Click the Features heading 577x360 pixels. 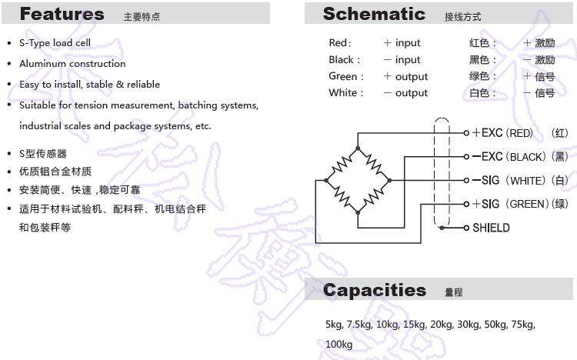tap(62, 14)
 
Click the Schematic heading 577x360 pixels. tap(374, 14)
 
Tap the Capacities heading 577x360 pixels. tap(375, 290)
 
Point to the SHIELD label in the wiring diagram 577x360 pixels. tap(491, 228)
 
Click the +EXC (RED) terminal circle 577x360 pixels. tap(466, 133)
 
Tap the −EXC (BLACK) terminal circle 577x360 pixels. tap(466, 157)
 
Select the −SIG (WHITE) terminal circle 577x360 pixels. tap(466, 180)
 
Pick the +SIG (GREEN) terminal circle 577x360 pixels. tap(466, 204)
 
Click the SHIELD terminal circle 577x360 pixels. tap(466, 228)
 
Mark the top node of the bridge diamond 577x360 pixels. tap(358, 148)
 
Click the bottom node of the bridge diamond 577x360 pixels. tap(358, 212)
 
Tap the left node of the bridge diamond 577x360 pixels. tap(326, 180)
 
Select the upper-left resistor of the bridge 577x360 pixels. tap(342, 164)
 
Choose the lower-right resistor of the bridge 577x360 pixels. tap(373, 197)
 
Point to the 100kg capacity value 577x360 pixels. tap(339, 344)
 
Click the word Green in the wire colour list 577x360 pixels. tap(343, 76)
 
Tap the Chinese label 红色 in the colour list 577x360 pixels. tap(479, 43)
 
